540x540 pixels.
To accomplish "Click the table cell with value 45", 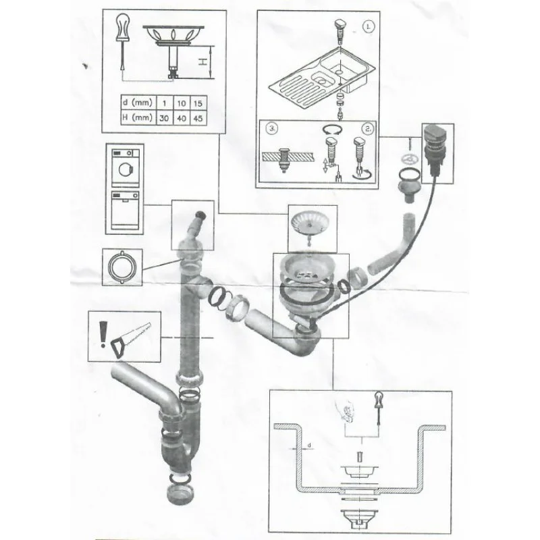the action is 198,118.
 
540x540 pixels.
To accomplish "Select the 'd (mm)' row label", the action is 138,103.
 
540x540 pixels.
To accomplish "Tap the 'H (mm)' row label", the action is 138,117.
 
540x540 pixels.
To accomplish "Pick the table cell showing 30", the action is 164,118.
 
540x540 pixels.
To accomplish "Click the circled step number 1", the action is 369,26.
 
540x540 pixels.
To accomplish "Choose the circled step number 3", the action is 272,128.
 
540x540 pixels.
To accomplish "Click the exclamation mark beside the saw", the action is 103,334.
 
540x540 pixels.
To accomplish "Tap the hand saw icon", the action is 131,340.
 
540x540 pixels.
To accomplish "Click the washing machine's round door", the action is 124,169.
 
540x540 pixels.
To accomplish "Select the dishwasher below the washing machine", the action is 125,210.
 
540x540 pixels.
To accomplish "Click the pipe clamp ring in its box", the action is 122,267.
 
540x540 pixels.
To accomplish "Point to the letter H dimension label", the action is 203,62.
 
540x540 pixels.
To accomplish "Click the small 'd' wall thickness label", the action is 309,446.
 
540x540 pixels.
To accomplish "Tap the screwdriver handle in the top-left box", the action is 122,28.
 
